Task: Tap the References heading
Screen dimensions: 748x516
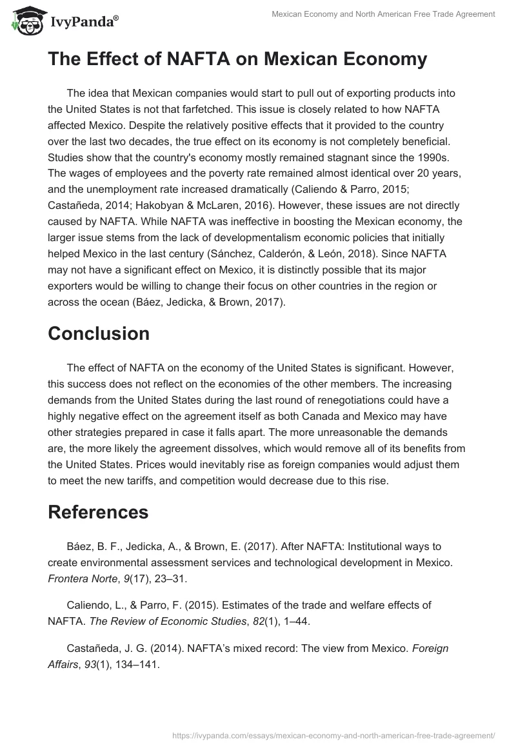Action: pyautogui.click(x=98, y=512)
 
